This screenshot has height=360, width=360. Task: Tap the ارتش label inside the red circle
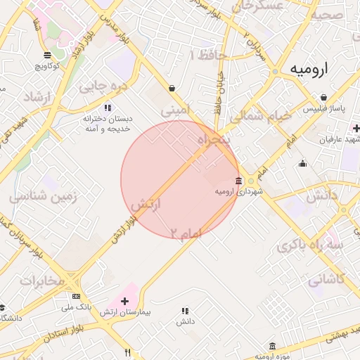point(146,205)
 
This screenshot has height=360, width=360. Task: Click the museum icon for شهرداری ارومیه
point(238,181)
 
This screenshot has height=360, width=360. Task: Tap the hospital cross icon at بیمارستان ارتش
point(125,301)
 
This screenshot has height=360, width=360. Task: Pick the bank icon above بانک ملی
point(76,297)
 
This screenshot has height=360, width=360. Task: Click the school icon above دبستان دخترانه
point(107,108)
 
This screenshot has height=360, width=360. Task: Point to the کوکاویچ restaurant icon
point(47,55)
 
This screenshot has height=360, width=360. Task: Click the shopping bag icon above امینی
point(172,88)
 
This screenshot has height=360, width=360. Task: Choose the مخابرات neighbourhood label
point(41,280)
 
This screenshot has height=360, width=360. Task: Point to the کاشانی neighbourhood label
point(326,279)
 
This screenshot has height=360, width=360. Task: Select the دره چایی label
point(102,87)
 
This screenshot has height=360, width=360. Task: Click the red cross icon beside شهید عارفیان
point(356,128)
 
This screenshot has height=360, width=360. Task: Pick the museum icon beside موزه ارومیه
point(272,346)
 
